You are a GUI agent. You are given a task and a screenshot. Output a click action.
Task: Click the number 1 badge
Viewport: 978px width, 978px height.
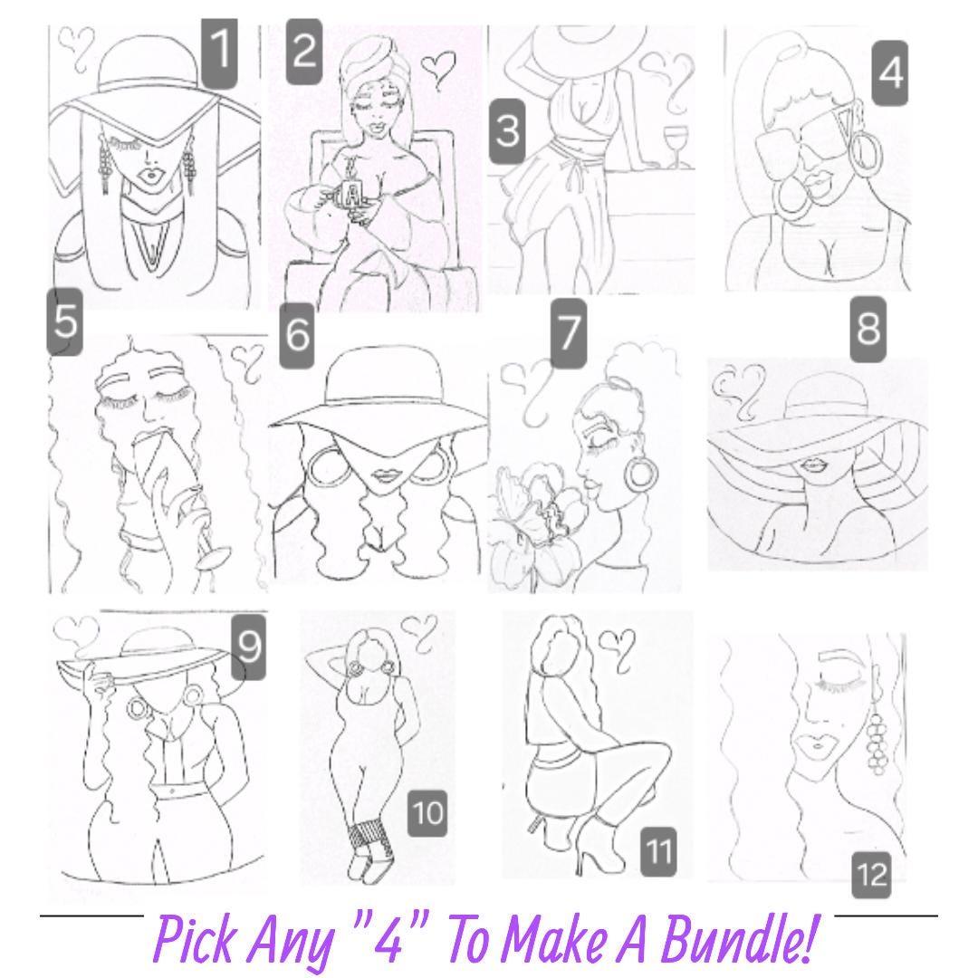click(x=219, y=53)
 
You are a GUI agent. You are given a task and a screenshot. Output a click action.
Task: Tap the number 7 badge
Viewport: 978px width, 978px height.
click(x=568, y=333)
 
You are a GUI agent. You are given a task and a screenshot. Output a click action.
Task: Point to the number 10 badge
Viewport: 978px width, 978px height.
click(x=427, y=812)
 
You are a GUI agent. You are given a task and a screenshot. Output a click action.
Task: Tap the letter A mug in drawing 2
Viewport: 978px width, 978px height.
click(x=351, y=196)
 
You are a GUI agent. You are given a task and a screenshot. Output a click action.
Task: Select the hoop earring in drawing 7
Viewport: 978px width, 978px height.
click(x=640, y=473)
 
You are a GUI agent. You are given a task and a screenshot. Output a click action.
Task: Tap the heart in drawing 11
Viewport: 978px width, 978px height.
click(x=617, y=648)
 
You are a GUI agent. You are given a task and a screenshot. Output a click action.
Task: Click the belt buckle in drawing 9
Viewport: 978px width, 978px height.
click(x=171, y=791)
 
